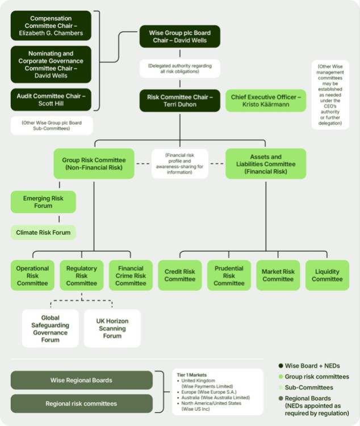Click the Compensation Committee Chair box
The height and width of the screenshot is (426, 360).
[51, 26]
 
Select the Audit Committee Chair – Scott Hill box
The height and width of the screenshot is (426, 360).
[51, 99]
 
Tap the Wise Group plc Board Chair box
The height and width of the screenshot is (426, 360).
[180, 36]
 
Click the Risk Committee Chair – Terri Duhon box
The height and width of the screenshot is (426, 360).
[180, 100]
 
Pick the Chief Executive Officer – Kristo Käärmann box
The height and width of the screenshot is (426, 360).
[266, 100]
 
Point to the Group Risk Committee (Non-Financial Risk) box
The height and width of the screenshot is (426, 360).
[94, 163]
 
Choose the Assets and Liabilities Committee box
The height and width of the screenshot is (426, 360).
[266, 163]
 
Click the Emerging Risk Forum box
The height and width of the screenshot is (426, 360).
[43, 202]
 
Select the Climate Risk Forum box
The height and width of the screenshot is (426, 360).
[43, 233]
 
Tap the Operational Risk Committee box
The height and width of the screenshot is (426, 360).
[32, 276]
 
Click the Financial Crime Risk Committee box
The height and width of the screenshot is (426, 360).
[131, 276]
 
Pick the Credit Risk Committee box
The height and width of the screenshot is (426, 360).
[180, 276]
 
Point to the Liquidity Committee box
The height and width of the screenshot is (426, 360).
[327, 276]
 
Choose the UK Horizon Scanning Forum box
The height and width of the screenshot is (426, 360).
[112, 328]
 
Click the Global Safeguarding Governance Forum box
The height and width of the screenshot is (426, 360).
[51, 328]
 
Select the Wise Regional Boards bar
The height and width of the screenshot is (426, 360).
[81, 380]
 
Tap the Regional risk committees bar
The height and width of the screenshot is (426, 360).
[81, 403]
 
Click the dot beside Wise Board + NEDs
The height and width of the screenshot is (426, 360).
[281, 366]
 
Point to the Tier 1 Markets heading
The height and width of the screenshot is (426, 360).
[192, 375]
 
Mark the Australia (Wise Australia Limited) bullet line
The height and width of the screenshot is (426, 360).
[214, 398]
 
